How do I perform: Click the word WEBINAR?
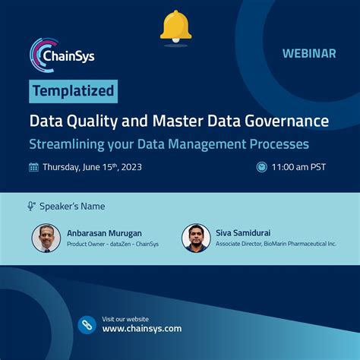pyautogui.click(x=309, y=54)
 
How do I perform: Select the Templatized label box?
pyautogui.click(x=74, y=92)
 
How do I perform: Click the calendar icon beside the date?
pyautogui.click(x=33, y=167)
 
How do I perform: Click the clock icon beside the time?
pyautogui.click(x=262, y=167)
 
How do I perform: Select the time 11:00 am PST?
pyautogui.click(x=299, y=167)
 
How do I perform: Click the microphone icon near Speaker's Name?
pyautogui.click(x=32, y=206)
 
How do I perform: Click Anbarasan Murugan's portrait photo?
pyautogui.click(x=46, y=238)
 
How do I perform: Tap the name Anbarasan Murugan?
pyautogui.click(x=104, y=233)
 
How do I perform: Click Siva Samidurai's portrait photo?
pyautogui.click(x=196, y=238)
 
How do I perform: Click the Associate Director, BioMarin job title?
pyautogui.click(x=276, y=244)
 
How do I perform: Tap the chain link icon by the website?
pyautogui.click(x=87, y=324)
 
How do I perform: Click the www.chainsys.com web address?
pyautogui.click(x=142, y=329)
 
